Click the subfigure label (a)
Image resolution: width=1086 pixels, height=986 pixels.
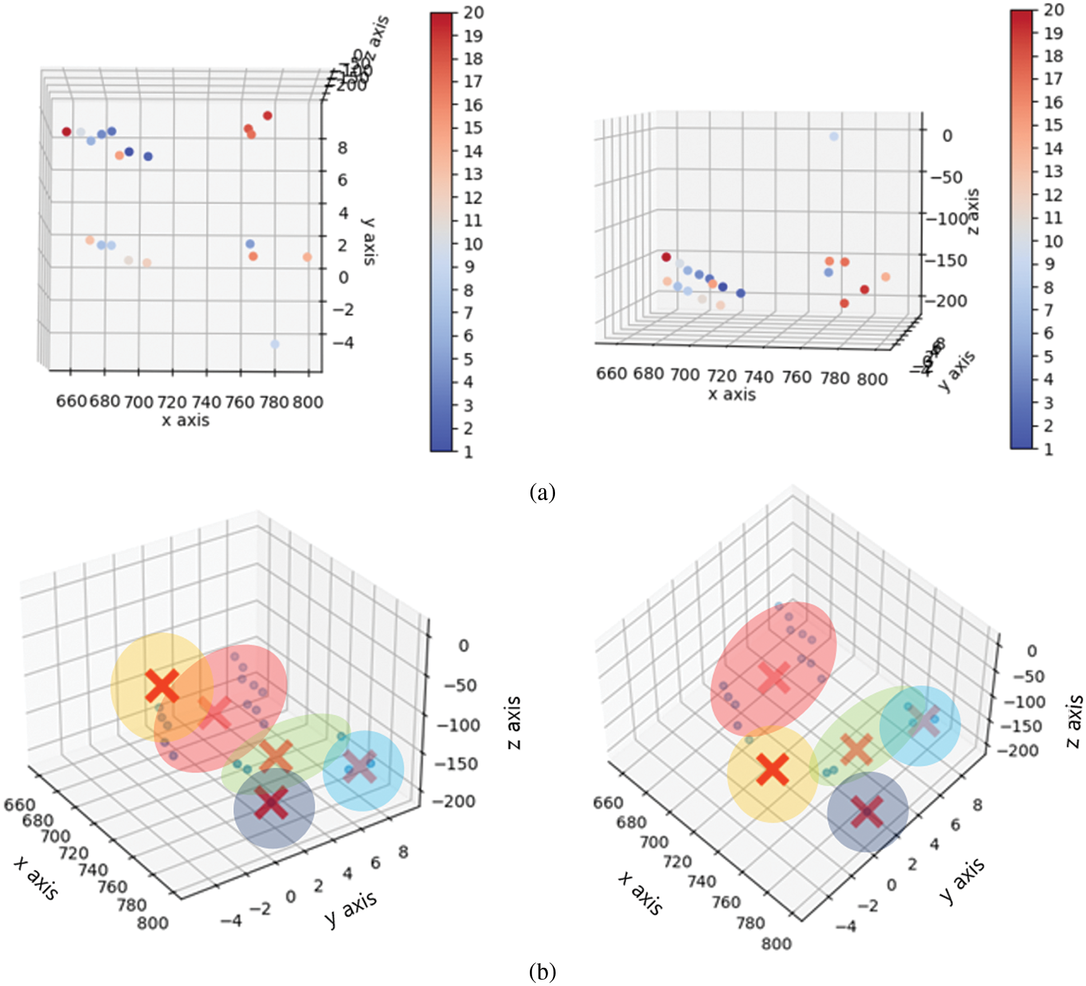pos(542,492)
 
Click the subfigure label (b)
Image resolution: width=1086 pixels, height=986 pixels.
pos(542,971)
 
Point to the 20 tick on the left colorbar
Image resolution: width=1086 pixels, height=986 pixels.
pos(473,13)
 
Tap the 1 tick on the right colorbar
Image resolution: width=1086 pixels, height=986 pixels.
pos(1048,449)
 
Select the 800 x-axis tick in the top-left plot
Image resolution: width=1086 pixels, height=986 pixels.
pos(308,402)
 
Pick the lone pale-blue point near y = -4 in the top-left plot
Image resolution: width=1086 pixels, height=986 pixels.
pos(275,344)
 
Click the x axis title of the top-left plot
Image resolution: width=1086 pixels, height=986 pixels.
pos(186,420)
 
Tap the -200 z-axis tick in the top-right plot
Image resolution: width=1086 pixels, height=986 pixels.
pos(947,301)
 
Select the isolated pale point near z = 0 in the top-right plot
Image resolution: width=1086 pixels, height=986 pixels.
pos(834,137)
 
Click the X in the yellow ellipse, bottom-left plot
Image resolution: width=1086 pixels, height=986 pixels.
pos(162,686)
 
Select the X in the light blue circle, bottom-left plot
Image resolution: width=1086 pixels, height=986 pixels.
pos(360,766)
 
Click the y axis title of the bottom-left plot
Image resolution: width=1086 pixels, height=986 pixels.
pos(350,908)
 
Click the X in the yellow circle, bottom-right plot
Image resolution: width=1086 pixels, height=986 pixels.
pos(772,769)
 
